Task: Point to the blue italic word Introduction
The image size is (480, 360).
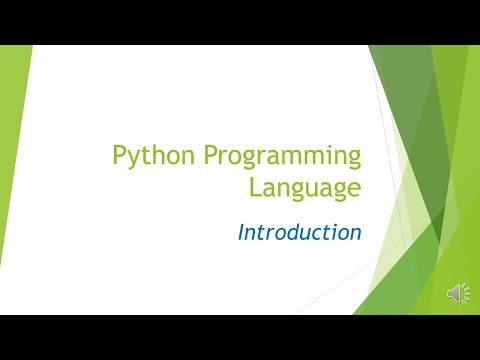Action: tap(299, 232)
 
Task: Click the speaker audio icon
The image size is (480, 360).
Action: tap(457, 293)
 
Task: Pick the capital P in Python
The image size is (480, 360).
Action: tap(118, 155)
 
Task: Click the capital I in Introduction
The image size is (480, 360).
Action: tap(242, 232)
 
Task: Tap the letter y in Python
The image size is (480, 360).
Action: tap(132, 159)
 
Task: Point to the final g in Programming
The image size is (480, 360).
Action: tap(353, 160)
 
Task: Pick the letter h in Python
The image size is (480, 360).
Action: tap(154, 155)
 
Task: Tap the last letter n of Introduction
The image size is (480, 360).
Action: tap(355, 234)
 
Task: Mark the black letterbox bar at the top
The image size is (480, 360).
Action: tap(240, 22)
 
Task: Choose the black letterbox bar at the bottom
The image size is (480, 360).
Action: tap(240, 337)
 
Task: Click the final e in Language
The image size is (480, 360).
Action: tap(353, 189)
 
